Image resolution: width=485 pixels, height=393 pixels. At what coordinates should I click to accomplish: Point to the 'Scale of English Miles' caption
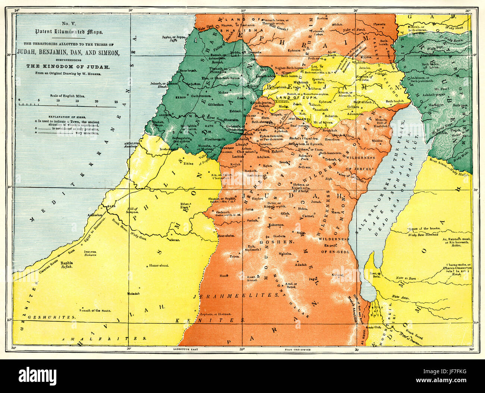pos(68,96)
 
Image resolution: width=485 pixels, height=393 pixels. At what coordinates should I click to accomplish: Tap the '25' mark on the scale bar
pos(116,101)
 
